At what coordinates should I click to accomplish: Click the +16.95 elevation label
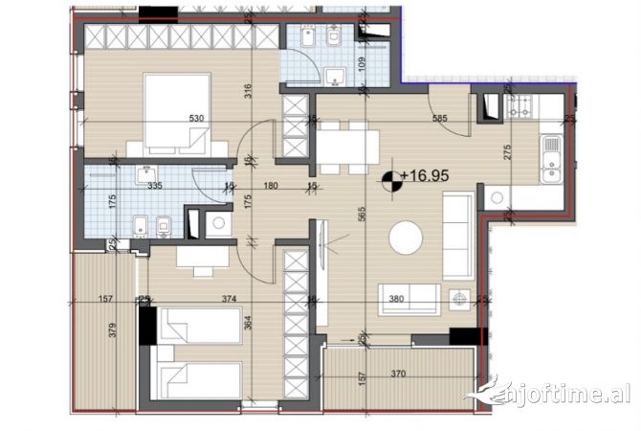[427, 175]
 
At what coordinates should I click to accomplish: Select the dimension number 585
[440, 119]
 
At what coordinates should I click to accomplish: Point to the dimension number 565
[362, 215]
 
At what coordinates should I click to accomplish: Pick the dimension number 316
[247, 92]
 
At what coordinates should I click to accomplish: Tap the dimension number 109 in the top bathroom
[362, 67]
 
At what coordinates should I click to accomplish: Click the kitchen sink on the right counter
[550, 158]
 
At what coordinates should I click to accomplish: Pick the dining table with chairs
[348, 147]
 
